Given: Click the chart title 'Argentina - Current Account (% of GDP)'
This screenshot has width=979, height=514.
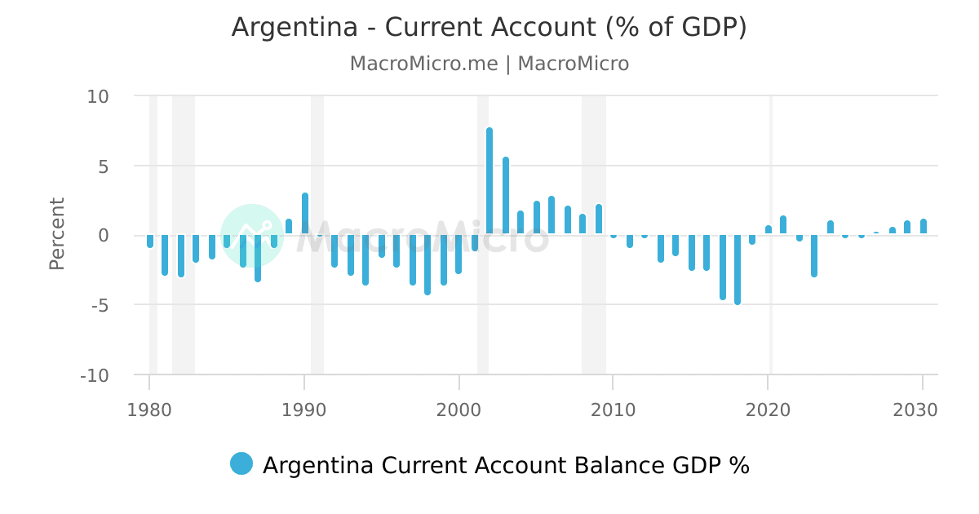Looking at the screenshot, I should [x=489, y=28].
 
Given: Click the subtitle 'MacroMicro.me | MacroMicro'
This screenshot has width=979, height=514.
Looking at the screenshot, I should [x=489, y=64].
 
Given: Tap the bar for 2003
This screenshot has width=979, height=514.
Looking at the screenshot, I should [x=506, y=196].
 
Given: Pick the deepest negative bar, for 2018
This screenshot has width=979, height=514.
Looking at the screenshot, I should [x=738, y=269].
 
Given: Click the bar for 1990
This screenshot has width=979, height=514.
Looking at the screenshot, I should [x=305, y=215].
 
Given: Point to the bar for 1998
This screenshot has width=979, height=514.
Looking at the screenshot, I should [x=427, y=264].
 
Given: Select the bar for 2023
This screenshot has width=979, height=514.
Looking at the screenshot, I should [x=814, y=255].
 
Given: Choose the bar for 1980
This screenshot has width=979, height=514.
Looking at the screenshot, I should [x=150, y=241].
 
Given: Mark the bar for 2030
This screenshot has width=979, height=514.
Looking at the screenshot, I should [x=924, y=227].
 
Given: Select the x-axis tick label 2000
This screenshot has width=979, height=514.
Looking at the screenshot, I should [x=459, y=410].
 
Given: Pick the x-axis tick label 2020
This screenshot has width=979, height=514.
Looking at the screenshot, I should [x=768, y=410].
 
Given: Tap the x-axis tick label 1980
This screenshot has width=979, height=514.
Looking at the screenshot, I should [x=149, y=410].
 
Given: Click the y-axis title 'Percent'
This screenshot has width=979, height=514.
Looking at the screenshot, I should [x=56, y=234].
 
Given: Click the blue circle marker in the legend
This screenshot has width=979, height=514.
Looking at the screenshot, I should [x=241, y=464].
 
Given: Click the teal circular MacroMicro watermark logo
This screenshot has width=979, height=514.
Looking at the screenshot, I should [x=251, y=236].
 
